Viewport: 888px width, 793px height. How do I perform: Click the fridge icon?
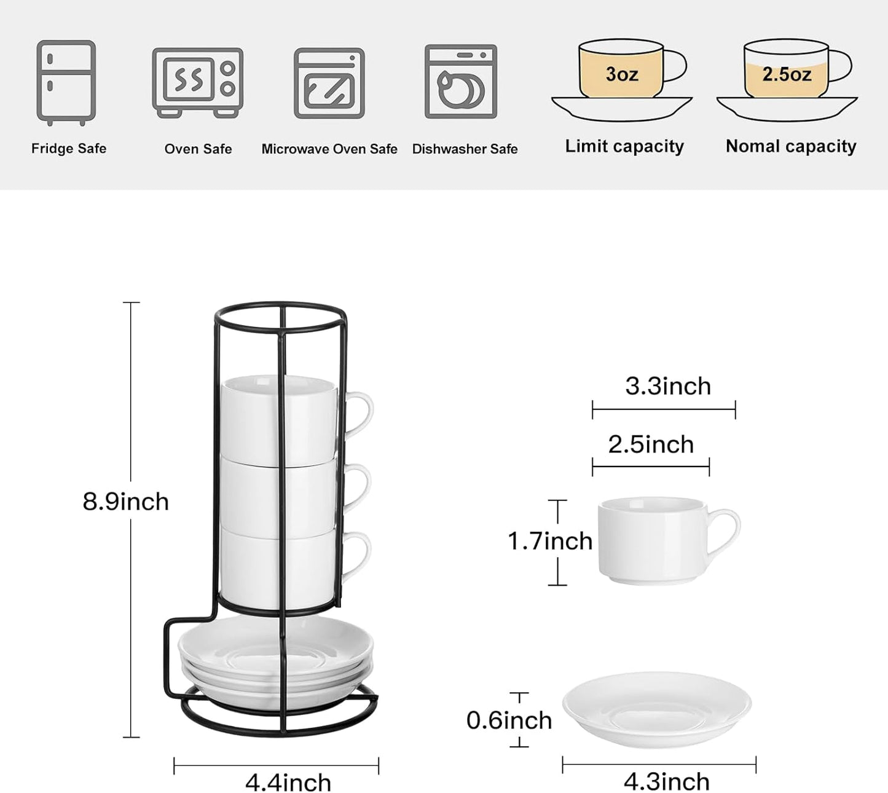click(66, 82)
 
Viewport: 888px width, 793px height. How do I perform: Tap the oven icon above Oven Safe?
click(197, 82)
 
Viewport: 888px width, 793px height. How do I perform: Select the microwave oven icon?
click(329, 83)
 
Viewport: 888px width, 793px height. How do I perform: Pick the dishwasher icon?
click(461, 81)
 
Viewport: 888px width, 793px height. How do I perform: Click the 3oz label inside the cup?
click(621, 74)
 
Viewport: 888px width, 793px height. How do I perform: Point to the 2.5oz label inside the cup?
click(787, 74)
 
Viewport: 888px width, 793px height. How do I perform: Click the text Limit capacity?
click(624, 146)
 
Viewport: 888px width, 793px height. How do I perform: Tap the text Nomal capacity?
click(791, 146)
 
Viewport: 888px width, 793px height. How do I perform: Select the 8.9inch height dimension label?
click(126, 502)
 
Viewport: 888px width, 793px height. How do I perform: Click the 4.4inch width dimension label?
click(288, 782)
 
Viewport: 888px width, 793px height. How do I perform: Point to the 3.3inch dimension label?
click(668, 386)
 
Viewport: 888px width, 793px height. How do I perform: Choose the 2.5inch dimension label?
click(651, 444)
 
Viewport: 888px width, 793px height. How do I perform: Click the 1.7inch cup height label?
click(550, 541)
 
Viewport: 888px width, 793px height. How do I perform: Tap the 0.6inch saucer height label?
click(509, 720)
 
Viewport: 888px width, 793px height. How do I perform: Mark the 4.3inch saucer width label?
click(667, 781)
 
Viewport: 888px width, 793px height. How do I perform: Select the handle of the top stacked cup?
click(363, 413)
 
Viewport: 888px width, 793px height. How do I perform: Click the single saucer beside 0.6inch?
click(656, 710)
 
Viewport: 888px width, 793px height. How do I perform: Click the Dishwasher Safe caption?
click(465, 149)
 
